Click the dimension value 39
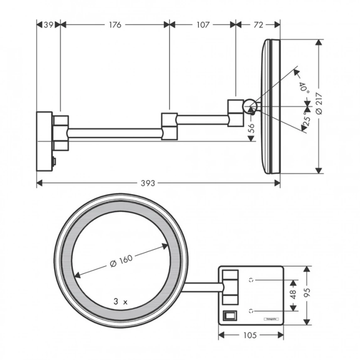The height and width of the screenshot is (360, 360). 49,25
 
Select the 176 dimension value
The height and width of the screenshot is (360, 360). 115,25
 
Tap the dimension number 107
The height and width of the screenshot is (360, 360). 202,25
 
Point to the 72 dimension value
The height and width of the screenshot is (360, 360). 258,25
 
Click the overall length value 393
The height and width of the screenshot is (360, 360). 148,183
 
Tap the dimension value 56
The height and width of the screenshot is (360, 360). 251,128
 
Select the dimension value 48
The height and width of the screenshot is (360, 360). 293,295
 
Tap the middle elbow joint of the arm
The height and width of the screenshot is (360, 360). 170,125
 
